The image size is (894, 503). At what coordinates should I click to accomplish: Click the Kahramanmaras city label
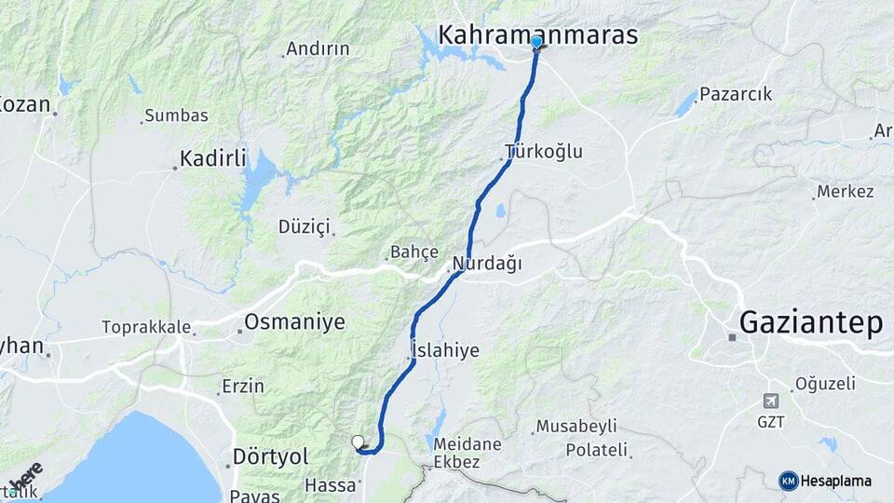pos(537,35)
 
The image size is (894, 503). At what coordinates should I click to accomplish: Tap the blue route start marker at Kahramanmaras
pos(536,42)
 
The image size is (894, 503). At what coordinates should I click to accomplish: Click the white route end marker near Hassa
pos(358,442)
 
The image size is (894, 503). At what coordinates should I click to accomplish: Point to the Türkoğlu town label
pos(544,151)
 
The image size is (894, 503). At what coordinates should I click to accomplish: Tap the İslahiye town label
pos(445,350)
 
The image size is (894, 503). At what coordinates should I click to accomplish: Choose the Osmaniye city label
pos(294,322)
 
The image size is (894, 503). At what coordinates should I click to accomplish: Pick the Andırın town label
pos(318,48)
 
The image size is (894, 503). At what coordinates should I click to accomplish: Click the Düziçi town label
pos(305,225)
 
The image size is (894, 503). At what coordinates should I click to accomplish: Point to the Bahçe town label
pos(414,251)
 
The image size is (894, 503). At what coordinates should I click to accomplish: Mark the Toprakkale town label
pos(146,328)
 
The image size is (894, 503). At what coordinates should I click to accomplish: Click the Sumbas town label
pos(177,116)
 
